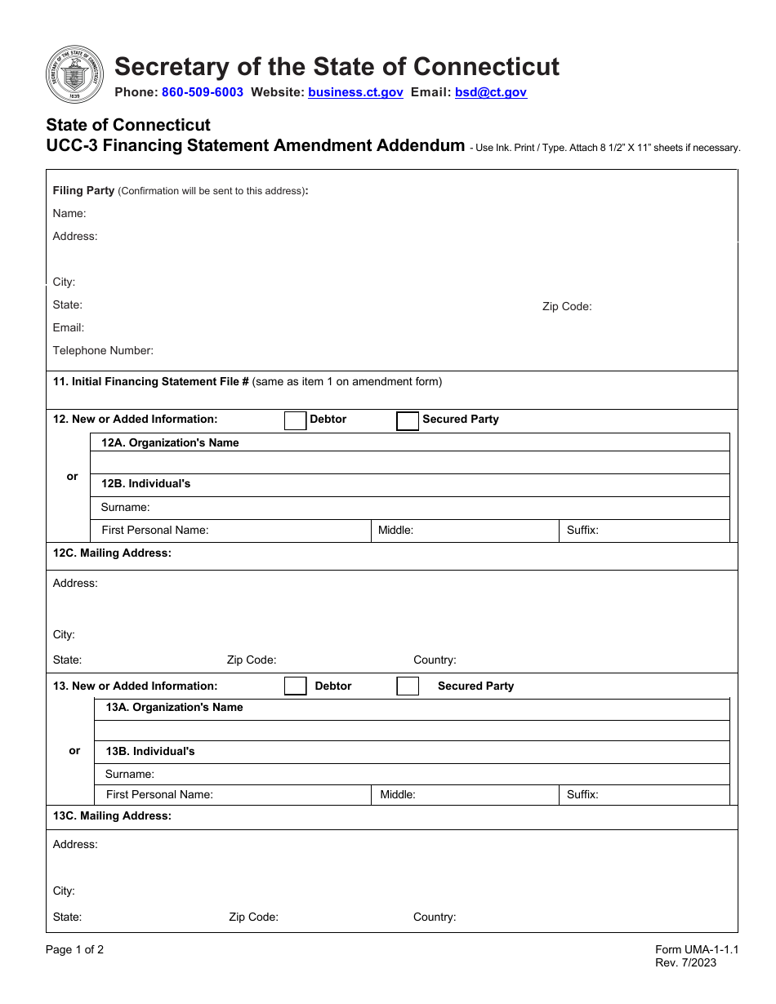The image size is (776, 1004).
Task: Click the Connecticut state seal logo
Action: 75,75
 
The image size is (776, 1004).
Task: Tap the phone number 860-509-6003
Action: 202,92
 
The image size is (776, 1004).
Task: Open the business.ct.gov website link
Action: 355,92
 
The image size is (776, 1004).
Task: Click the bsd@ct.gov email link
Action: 490,92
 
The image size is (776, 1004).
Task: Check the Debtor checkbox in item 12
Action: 295,420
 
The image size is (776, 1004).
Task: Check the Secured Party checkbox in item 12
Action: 408,420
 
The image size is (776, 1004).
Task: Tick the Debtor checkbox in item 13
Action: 295,686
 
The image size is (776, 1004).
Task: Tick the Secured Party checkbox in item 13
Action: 408,686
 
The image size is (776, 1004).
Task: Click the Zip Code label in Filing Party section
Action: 566,307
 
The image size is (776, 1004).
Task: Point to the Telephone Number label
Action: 103,351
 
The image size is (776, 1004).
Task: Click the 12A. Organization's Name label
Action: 170,442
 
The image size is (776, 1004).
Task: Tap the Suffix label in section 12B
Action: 582,531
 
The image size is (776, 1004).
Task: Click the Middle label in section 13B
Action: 398,794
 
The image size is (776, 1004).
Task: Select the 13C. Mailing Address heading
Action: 112,815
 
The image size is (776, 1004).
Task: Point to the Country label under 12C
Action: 435,660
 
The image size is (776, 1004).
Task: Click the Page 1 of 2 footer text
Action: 74,949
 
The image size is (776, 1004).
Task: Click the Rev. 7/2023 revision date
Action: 685,962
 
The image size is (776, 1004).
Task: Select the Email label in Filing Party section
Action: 69,328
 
